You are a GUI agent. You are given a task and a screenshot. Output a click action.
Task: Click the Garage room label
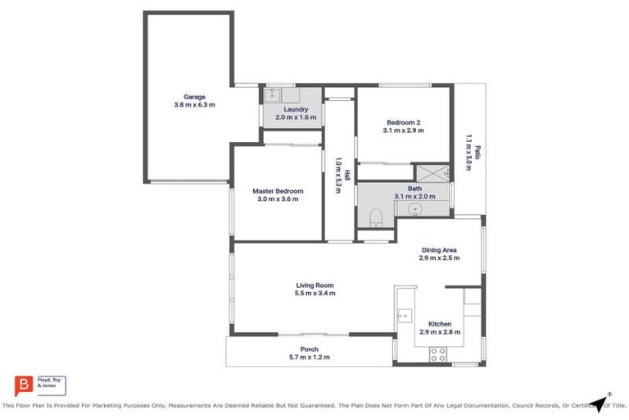pyautogui.click(x=194, y=96)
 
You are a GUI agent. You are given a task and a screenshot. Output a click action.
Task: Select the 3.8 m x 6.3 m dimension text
pyautogui.click(x=194, y=105)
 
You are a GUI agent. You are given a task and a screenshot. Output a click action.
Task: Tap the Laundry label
pyautogui.click(x=296, y=109)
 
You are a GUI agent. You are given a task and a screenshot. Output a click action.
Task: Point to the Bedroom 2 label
pyautogui.click(x=403, y=122)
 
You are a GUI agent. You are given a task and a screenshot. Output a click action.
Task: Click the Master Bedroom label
pyautogui.click(x=277, y=191)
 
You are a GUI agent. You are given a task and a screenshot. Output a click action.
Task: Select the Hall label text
pyautogui.click(x=347, y=175)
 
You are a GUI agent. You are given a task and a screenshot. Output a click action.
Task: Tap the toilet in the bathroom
pyautogui.click(x=376, y=217)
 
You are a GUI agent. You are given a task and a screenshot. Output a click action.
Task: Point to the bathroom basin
pyautogui.click(x=415, y=209)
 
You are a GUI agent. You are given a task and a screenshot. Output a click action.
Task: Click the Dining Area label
pyautogui.click(x=438, y=249)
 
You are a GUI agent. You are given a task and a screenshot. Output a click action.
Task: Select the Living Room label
pyautogui.click(x=315, y=285)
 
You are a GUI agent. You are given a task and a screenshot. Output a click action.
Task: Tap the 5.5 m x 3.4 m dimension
pyautogui.click(x=315, y=293)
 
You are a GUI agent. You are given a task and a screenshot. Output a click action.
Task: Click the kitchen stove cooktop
pyautogui.click(x=438, y=354)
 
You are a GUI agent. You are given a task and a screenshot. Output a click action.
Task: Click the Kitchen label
pyautogui.click(x=440, y=324)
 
